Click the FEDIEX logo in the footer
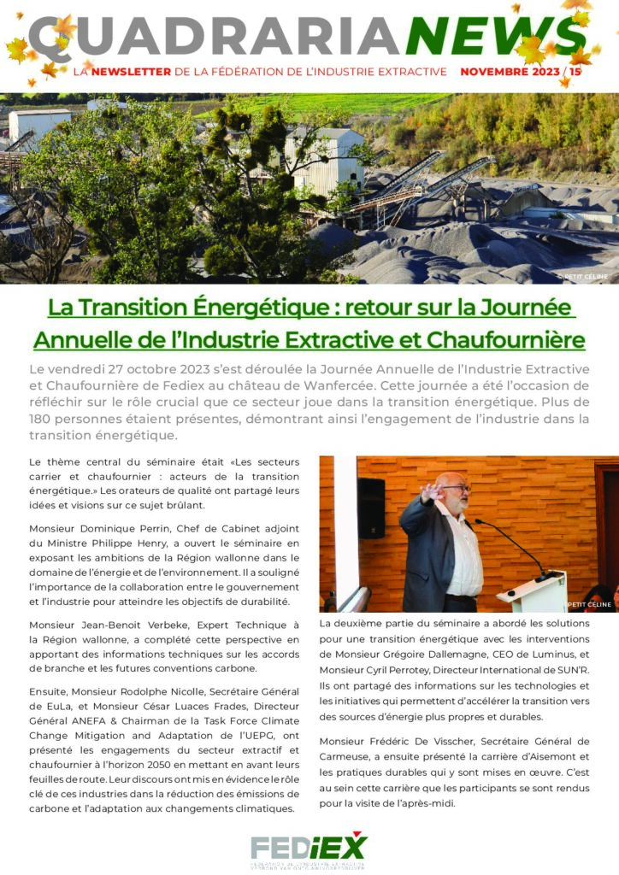click(x=309, y=849)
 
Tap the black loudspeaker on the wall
click(x=371, y=508)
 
